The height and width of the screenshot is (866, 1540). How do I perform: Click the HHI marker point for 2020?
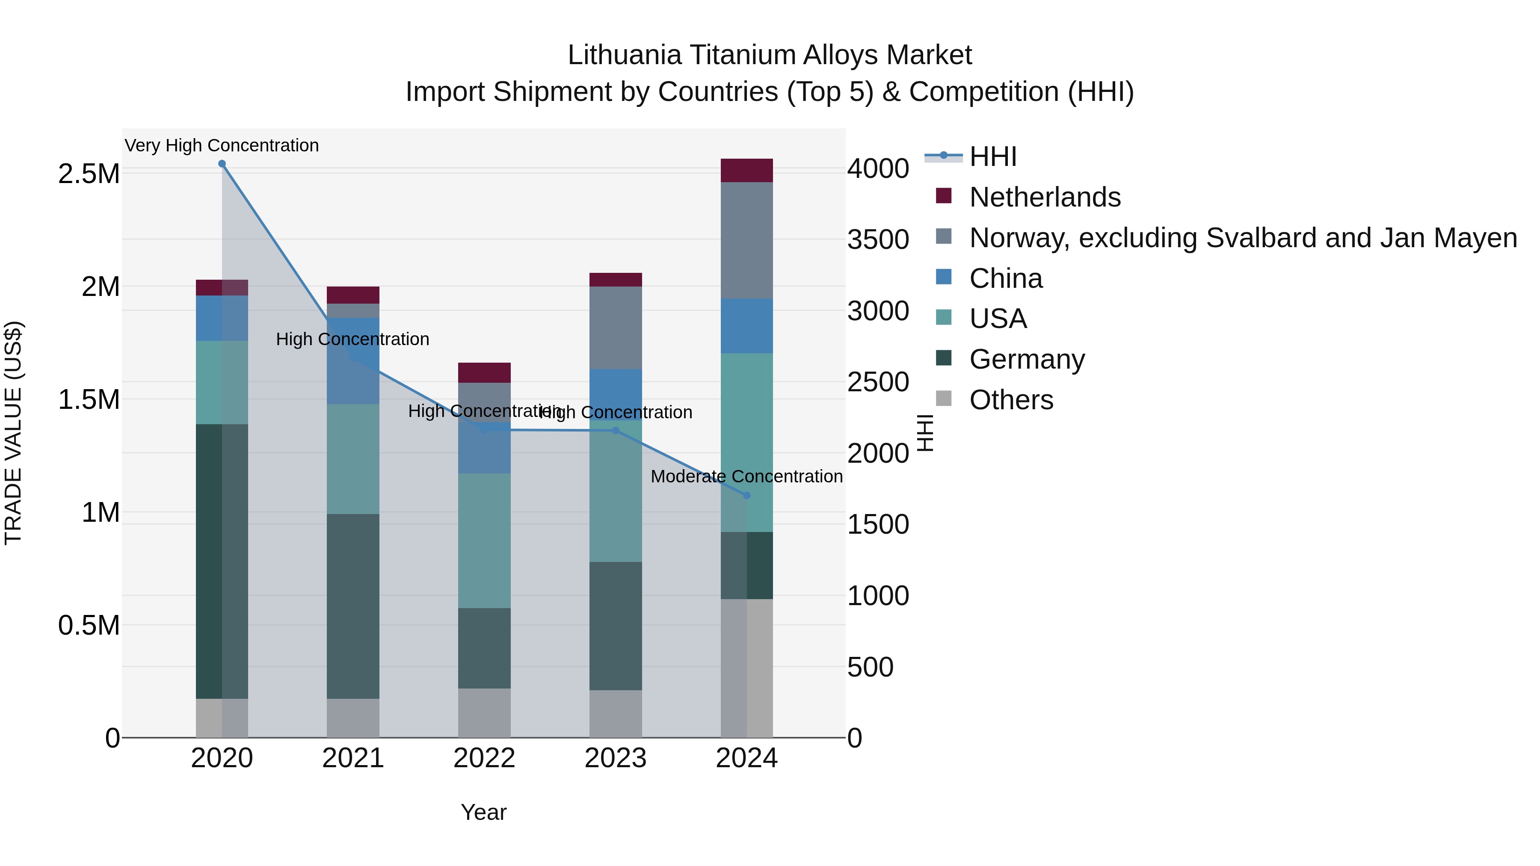pos(222,164)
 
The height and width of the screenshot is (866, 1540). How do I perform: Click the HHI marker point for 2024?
pos(746,496)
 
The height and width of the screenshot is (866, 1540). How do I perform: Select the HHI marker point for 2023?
pos(615,430)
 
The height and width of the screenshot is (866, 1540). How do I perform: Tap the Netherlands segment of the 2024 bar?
pos(746,170)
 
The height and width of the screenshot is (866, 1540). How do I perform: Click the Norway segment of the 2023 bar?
pos(615,328)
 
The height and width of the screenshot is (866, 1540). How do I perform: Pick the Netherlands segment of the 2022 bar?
pos(484,372)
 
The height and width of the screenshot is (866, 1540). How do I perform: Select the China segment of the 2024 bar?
pos(746,326)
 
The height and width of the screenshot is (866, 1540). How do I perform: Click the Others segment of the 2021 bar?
pos(353,718)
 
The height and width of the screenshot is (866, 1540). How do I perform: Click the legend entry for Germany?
pos(1027,359)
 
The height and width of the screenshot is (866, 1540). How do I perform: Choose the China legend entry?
pos(1006,278)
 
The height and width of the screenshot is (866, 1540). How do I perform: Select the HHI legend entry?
pos(992,157)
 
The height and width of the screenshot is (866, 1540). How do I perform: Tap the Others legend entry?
pos(1010,400)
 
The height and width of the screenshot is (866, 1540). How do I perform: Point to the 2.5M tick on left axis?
pos(89,174)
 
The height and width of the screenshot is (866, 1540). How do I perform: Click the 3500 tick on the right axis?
pos(878,239)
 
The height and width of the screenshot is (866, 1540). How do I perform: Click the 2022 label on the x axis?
pos(484,758)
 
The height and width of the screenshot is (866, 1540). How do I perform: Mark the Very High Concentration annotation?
pos(222,145)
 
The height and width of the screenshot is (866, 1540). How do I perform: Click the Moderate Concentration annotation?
pos(746,476)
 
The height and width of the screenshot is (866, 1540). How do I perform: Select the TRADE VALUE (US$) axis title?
pos(13,433)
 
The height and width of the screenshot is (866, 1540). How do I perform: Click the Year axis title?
pos(484,812)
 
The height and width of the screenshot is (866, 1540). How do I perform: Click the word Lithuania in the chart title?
pos(624,55)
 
